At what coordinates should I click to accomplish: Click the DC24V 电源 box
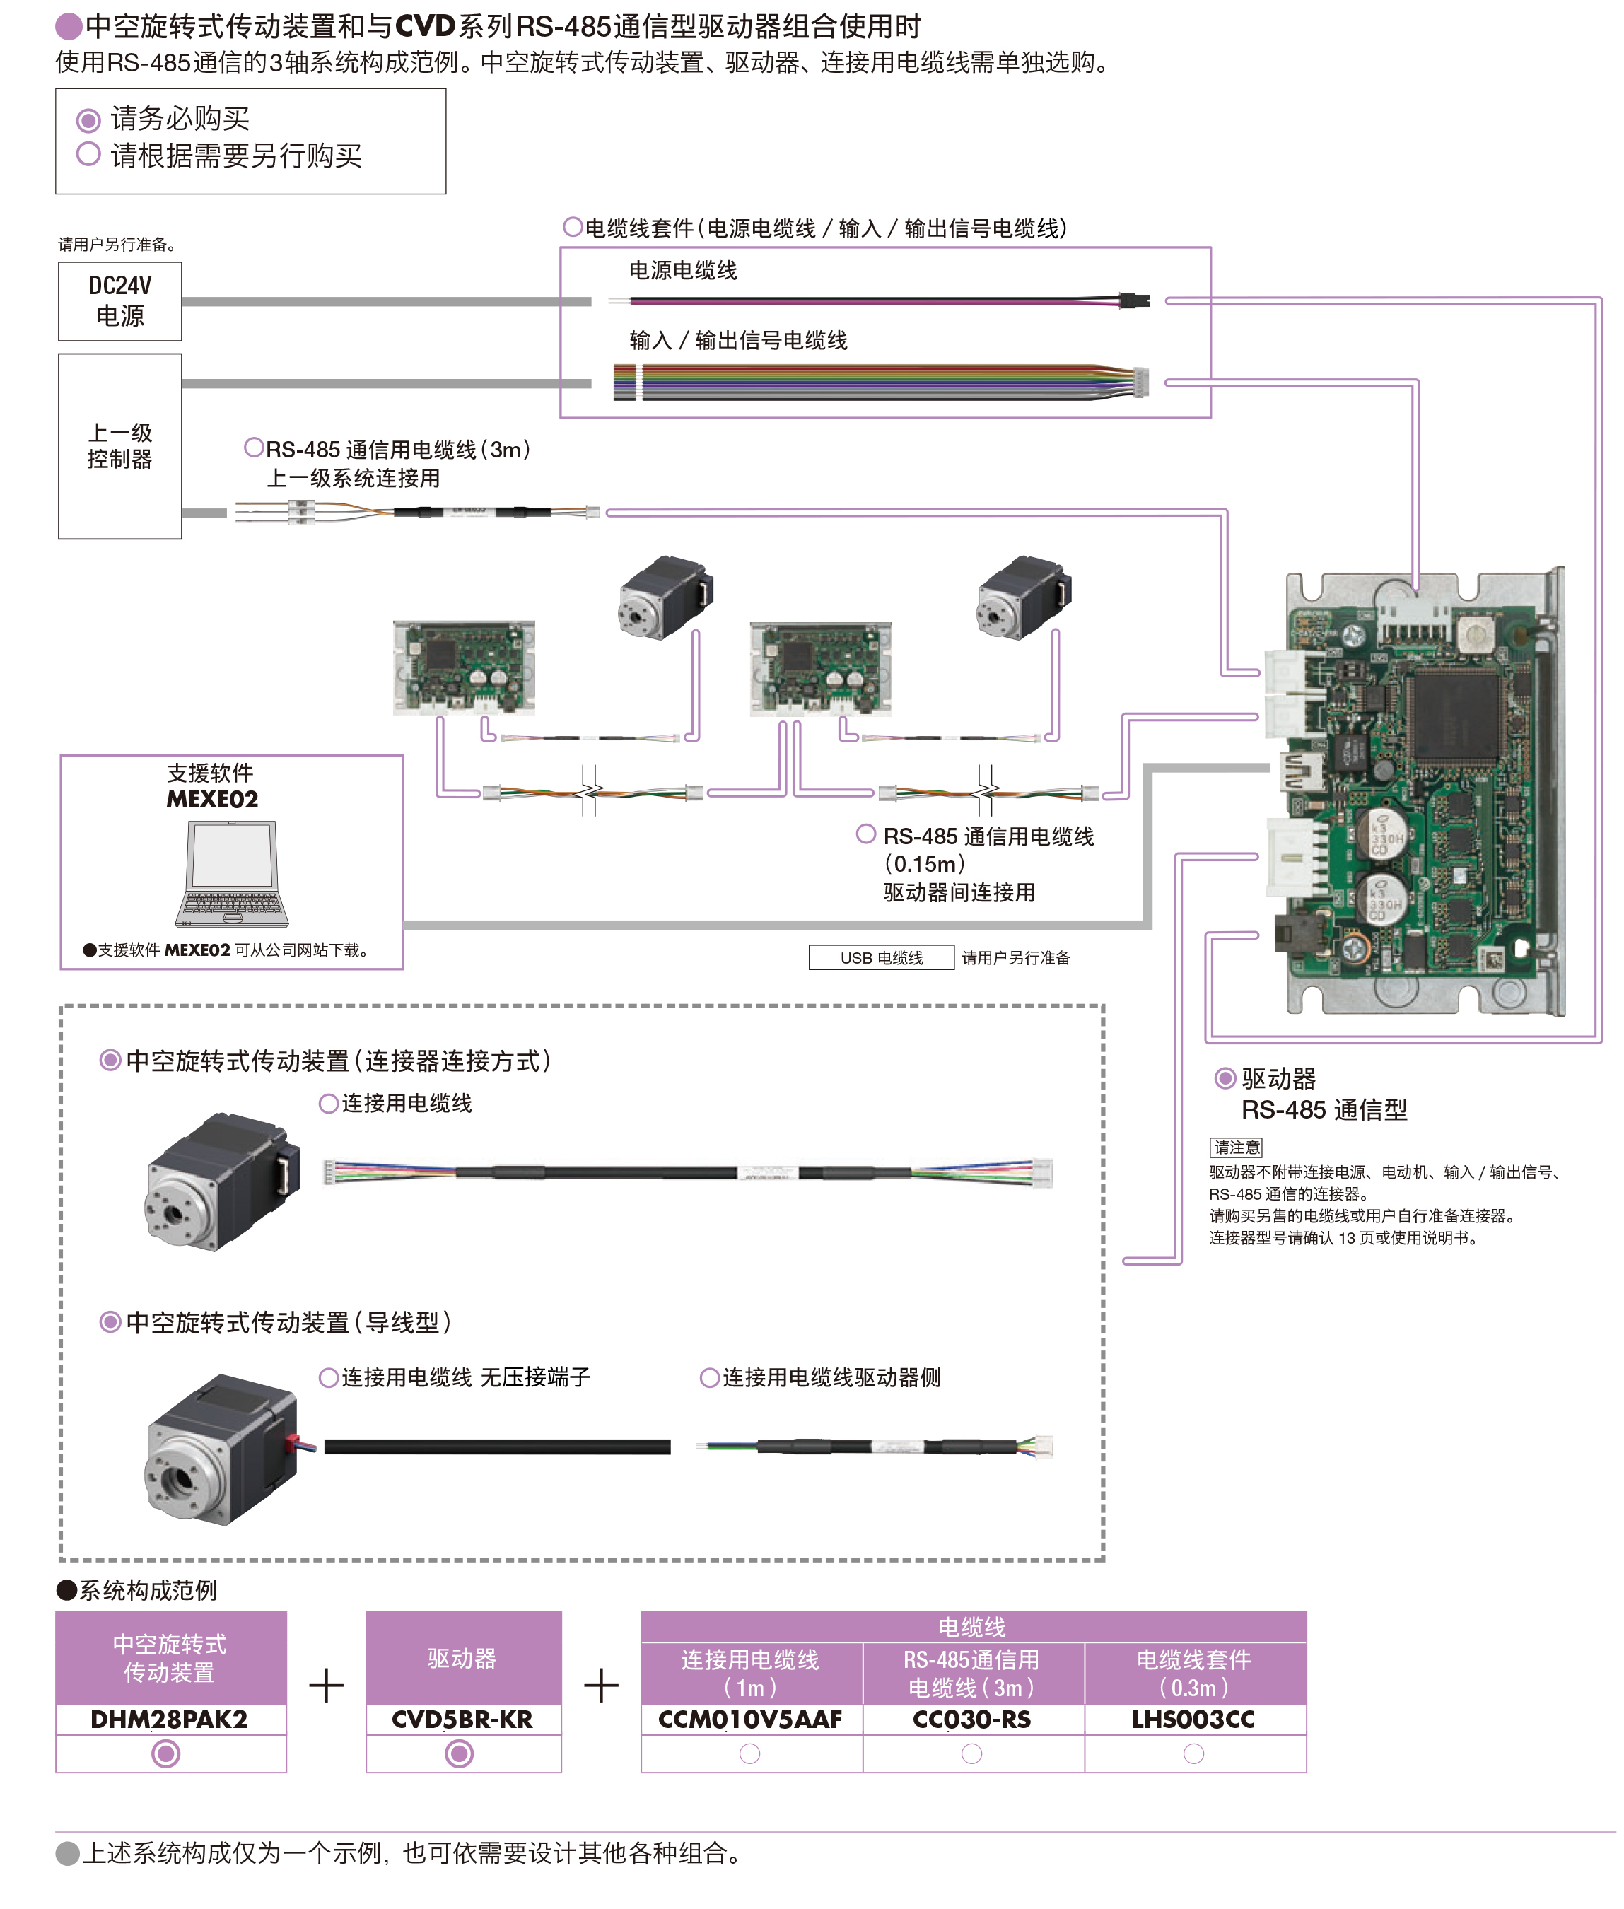pyautogui.click(x=119, y=301)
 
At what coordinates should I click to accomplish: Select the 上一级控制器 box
pyautogui.click(x=119, y=445)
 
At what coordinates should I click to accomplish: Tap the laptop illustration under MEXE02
pyautogui.click(x=232, y=873)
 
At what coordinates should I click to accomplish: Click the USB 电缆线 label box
pyautogui.click(x=881, y=957)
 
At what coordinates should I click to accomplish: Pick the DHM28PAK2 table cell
pyautogui.click(x=170, y=1720)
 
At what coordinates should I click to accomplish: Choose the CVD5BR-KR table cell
pyautogui.click(x=463, y=1720)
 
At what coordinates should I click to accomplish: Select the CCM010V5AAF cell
pyautogui.click(x=750, y=1720)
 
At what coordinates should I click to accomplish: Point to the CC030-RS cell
pyautogui.click(x=972, y=1720)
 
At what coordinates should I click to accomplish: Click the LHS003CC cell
pyautogui.click(x=1194, y=1720)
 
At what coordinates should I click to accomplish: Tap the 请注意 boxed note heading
pyautogui.click(x=1235, y=1147)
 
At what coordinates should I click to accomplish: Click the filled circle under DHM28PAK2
pyautogui.click(x=165, y=1753)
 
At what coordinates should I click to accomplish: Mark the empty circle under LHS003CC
pyautogui.click(x=1194, y=1754)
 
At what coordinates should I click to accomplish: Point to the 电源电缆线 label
pyautogui.click(x=683, y=271)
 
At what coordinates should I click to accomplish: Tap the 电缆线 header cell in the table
pyautogui.click(x=972, y=1626)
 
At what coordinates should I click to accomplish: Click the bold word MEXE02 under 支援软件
pyautogui.click(x=213, y=799)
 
